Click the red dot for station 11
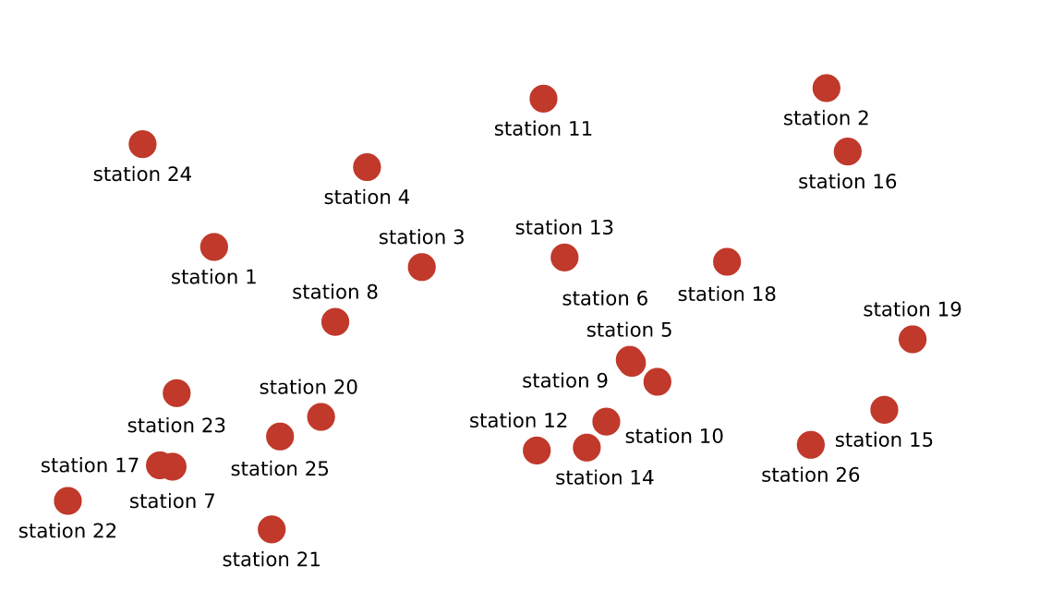coord(543,99)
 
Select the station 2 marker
coord(827,89)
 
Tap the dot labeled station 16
coord(848,152)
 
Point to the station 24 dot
coord(142,145)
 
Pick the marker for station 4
coord(367,168)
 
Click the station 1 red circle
coord(214,247)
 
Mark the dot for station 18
coord(727,262)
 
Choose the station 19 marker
coord(913,340)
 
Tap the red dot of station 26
coord(811,445)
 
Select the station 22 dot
coord(67,501)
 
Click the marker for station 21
coord(272,530)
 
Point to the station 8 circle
coord(335,322)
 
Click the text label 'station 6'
coord(605,298)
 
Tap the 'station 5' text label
coord(629,330)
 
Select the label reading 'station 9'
coord(564,380)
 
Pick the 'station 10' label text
coord(674,437)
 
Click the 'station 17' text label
coord(90,465)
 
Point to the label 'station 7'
coord(172,501)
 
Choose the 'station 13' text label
coord(564,228)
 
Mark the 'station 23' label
coord(176,426)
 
